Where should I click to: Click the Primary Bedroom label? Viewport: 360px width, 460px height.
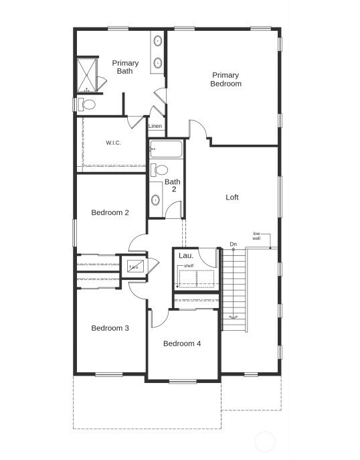(226, 80)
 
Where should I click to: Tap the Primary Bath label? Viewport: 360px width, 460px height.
(125, 67)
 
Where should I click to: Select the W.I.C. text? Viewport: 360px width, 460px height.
(113, 143)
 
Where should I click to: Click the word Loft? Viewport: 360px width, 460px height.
(232, 198)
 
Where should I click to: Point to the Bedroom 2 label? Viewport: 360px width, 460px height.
(110, 213)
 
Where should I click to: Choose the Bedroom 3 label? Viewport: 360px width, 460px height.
(110, 328)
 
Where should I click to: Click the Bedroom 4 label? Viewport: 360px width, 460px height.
(182, 343)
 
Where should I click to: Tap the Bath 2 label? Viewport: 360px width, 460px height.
(173, 185)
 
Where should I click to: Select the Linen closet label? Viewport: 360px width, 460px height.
(155, 126)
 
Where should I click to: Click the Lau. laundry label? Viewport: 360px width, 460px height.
(185, 256)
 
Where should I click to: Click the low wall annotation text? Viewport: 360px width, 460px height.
(256, 236)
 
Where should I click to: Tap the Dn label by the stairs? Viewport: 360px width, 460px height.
(233, 244)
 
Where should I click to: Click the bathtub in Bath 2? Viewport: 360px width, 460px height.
(165, 148)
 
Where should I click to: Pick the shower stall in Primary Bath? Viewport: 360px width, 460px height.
(86, 75)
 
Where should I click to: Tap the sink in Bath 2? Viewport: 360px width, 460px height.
(156, 200)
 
